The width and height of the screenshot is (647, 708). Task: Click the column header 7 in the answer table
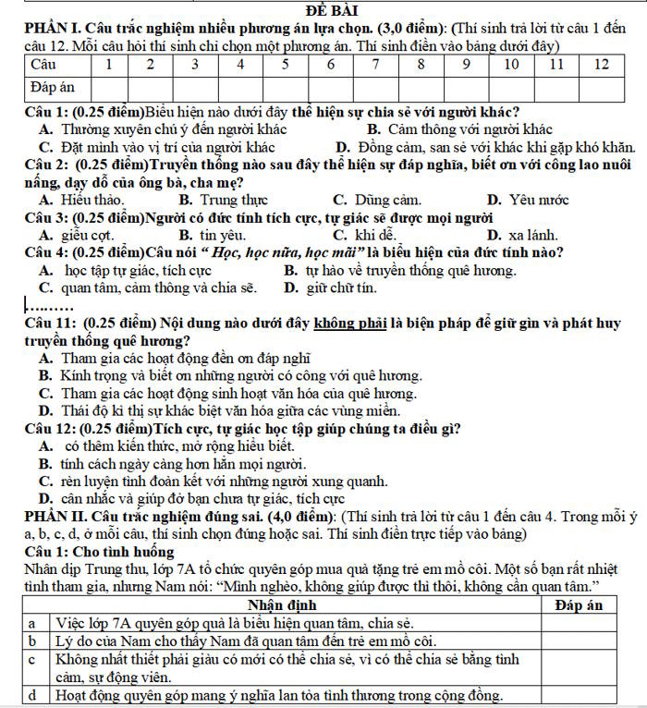[375, 65]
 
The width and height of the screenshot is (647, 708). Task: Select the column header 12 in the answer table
[602, 65]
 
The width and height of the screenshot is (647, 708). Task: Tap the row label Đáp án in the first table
[53, 88]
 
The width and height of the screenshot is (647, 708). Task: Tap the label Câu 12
[50, 429]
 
